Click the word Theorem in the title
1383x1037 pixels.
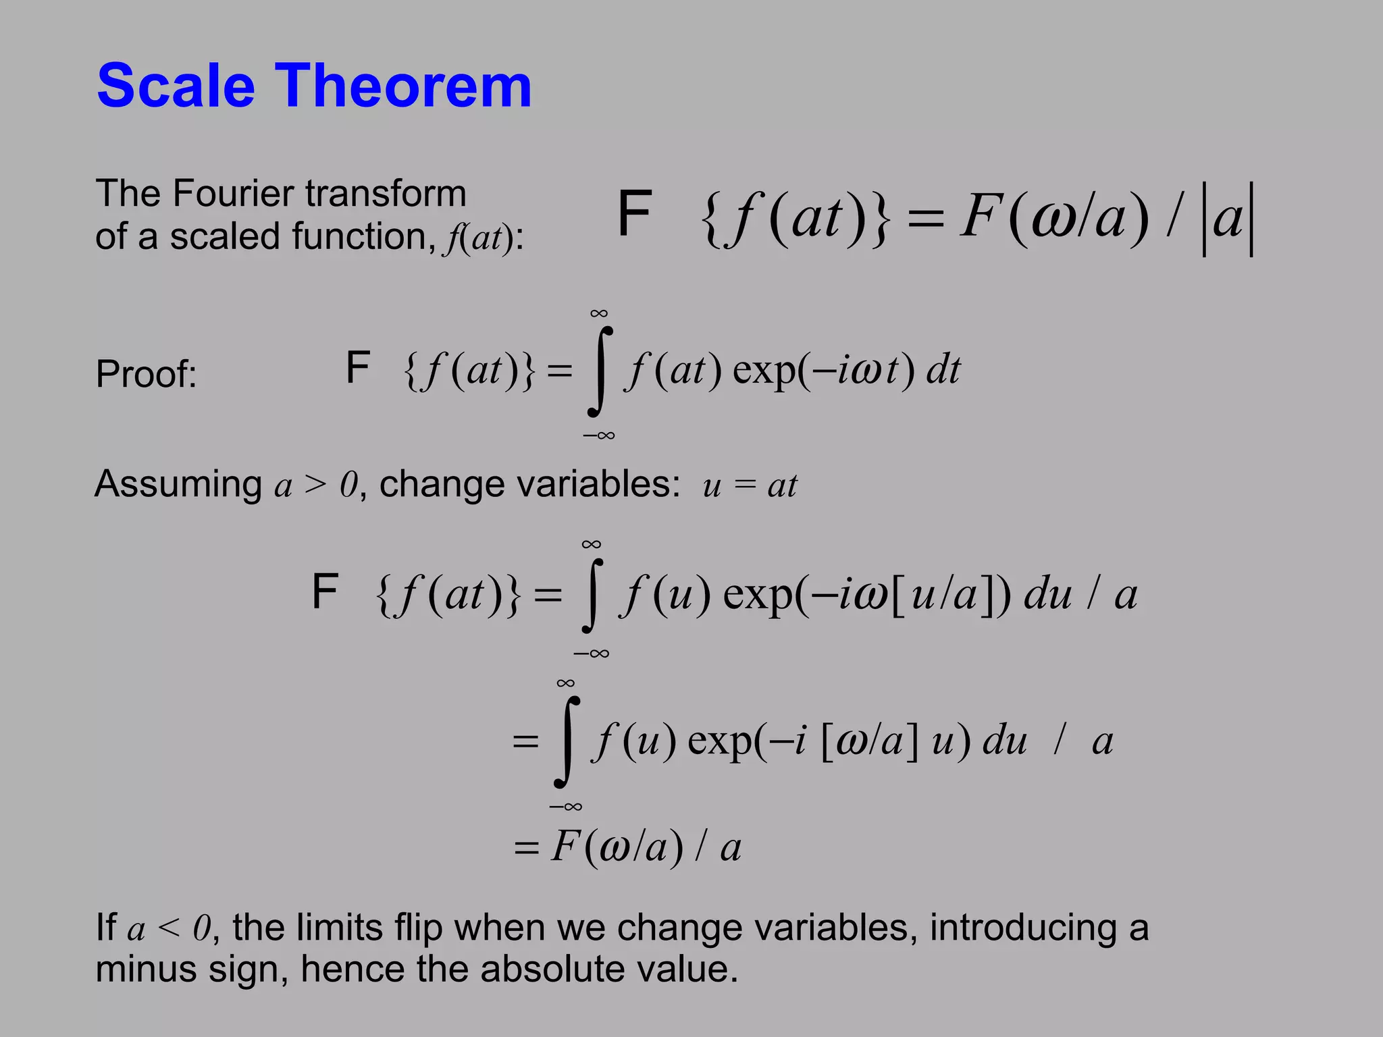pos(403,86)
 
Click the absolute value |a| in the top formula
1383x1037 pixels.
pos(1228,219)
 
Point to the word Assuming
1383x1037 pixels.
pos(178,484)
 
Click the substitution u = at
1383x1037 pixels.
pos(750,485)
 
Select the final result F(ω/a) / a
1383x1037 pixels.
pos(645,847)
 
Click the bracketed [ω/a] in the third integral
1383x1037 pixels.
pos(869,741)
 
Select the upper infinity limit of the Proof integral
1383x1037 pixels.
pos(598,313)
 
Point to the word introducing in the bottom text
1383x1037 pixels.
pos(1023,928)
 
